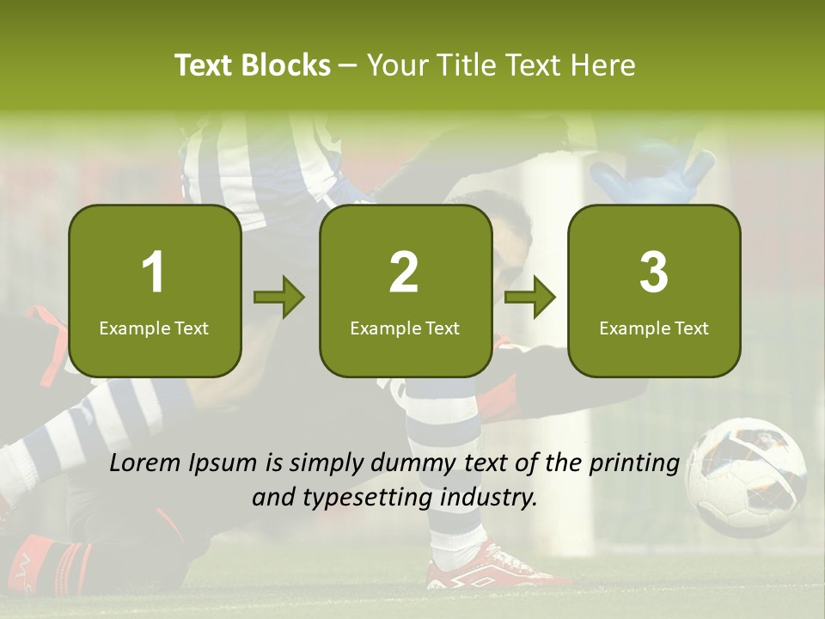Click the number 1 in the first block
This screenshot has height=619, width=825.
[154, 273]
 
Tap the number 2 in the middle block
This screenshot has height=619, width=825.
[404, 273]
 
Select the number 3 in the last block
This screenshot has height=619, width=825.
[654, 273]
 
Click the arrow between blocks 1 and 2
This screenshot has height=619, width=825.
[279, 298]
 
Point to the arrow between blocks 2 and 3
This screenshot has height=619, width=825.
[530, 298]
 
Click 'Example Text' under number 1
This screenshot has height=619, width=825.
[154, 328]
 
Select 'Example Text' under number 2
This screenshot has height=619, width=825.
[405, 328]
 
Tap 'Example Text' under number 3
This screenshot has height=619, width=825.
[654, 328]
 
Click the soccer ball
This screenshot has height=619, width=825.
[746, 475]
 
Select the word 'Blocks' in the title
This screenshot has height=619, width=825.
[286, 65]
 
